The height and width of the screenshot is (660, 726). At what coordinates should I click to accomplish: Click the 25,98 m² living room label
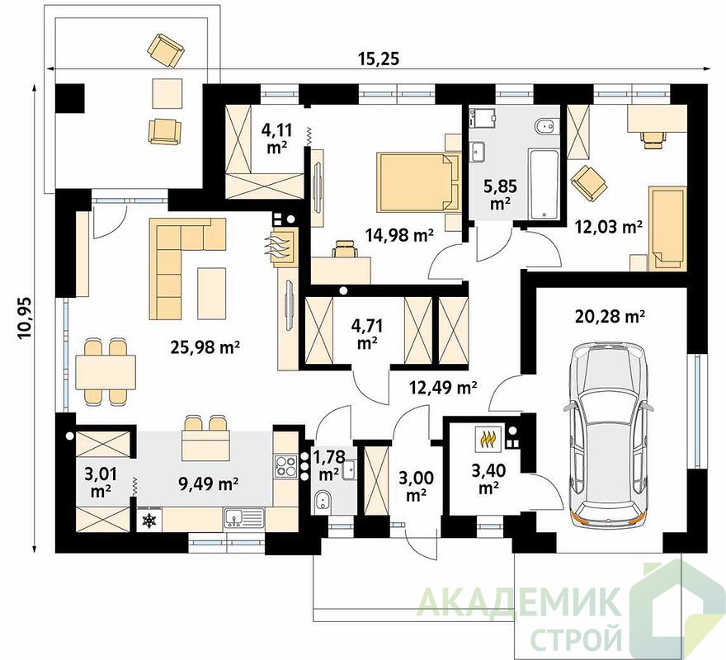[205, 346]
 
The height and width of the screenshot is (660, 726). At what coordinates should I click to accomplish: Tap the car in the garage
[609, 435]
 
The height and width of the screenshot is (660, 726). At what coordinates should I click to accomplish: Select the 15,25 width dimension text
[379, 59]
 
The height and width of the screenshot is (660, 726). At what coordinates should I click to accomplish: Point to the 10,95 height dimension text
[26, 318]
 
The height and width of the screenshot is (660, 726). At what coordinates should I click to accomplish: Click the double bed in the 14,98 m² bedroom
[418, 182]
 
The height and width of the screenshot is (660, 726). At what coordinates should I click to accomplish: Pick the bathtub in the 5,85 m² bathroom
[544, 184]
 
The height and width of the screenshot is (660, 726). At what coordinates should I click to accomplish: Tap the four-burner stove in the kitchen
[285, 466]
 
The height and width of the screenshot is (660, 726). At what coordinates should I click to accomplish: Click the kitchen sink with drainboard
[244, 518]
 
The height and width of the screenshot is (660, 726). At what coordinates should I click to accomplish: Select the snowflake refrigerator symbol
[149, 521]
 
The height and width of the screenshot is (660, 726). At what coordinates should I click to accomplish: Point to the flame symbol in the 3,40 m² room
[488, 439]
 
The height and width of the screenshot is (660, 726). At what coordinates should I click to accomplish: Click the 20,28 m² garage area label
[610, 317]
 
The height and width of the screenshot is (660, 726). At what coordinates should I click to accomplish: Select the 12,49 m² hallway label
[442, 387]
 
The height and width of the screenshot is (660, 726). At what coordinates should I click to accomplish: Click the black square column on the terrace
[70, 97]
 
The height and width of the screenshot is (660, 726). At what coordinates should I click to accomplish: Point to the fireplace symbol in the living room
[281, 248]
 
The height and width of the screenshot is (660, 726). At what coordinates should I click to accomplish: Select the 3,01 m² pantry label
[100, 483]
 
